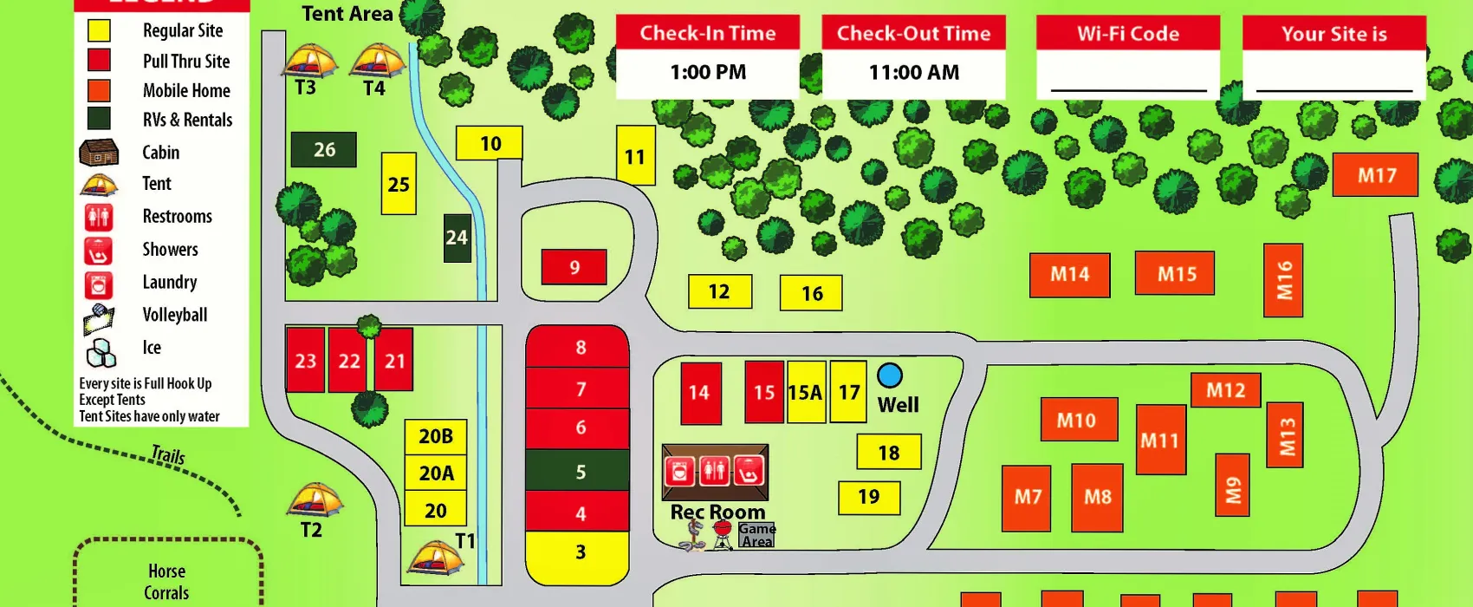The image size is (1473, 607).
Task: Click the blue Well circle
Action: point(890,375)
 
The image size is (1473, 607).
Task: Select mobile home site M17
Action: point(1375,175)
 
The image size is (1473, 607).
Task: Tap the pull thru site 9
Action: point(574,267)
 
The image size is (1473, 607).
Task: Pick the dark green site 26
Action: point(324,150)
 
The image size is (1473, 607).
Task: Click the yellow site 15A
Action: point(806,392)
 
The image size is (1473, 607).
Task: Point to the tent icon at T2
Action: point(314,500)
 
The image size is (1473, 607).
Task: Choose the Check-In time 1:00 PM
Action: point(708,73)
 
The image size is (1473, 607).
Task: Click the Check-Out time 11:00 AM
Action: point(914,73)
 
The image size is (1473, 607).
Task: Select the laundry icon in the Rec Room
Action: point(680,472)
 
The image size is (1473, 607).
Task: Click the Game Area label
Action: point(756,535)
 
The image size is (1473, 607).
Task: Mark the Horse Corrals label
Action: point(166,582)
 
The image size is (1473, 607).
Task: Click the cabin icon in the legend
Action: point(99,153)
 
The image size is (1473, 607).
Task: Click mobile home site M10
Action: point(1077,420)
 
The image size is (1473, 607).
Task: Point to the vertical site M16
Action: point(1283,280)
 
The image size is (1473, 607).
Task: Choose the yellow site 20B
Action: point(436,436)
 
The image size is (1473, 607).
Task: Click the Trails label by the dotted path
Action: point(168,454)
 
